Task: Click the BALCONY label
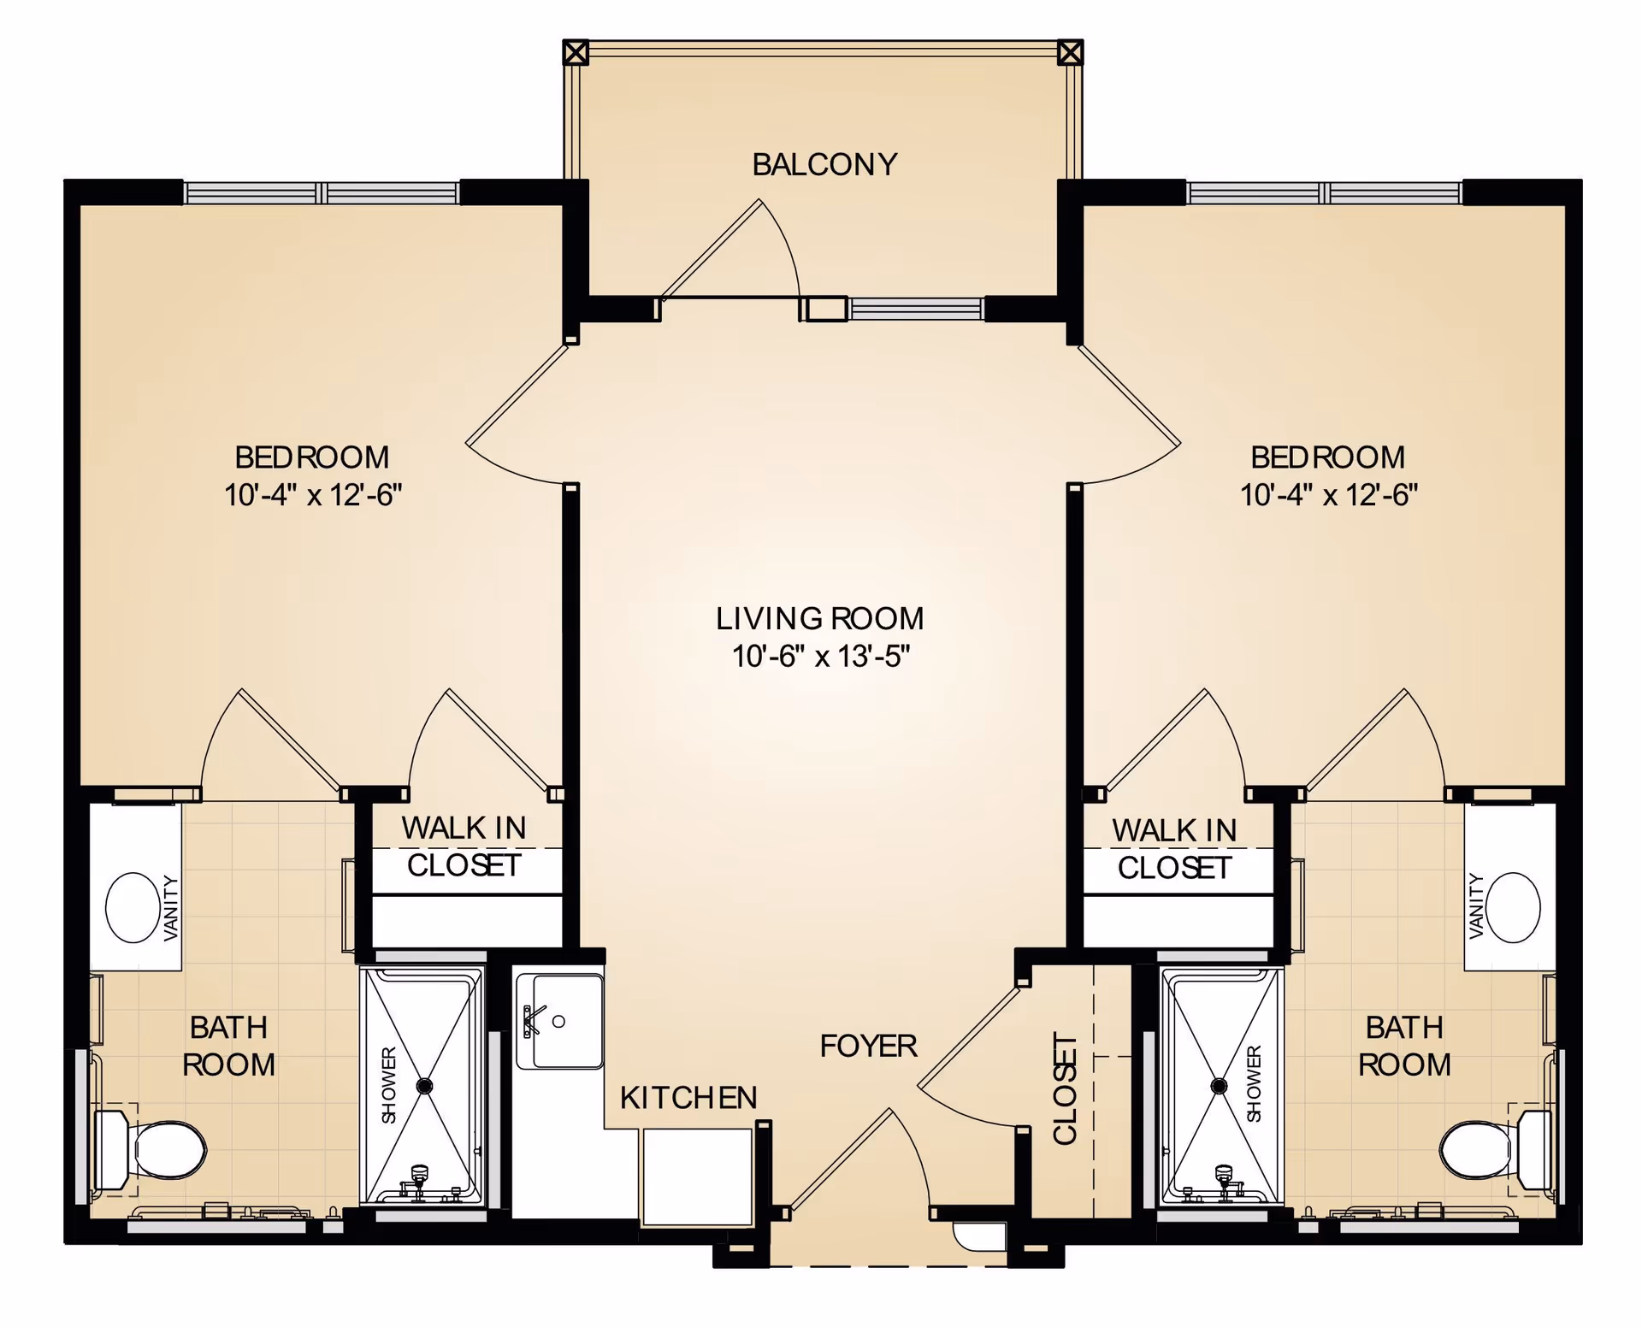(824, 164)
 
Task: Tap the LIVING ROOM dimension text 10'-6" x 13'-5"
(820, 657)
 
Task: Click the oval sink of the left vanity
(132, 907)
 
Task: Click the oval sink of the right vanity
(1513, 907)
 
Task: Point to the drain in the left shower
(424, 1086)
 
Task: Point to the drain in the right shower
(1219, 1086)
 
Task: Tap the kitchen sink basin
(565, 1022)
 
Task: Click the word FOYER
(868, 1046)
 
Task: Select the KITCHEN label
(688, 1098)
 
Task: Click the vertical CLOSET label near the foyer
(1065, 1088)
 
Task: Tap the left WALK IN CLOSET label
(464, 846)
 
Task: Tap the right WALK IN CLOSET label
(1174, 849)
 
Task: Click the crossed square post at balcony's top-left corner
(576, 53)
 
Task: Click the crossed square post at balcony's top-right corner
(1070, 53)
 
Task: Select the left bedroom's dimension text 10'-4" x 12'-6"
(313, 495)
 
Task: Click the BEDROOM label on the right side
(1327, 457)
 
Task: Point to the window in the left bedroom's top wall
(322, 193)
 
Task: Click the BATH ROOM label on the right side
(1404, 1046)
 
